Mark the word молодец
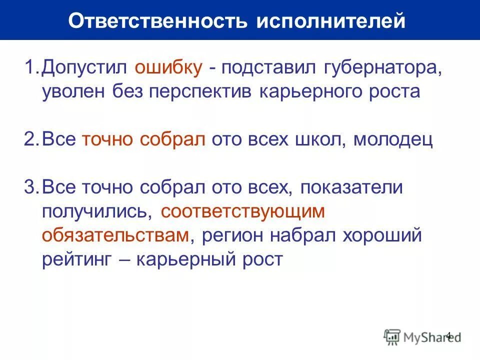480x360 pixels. point(392,140)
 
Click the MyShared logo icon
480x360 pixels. point(392,337)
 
